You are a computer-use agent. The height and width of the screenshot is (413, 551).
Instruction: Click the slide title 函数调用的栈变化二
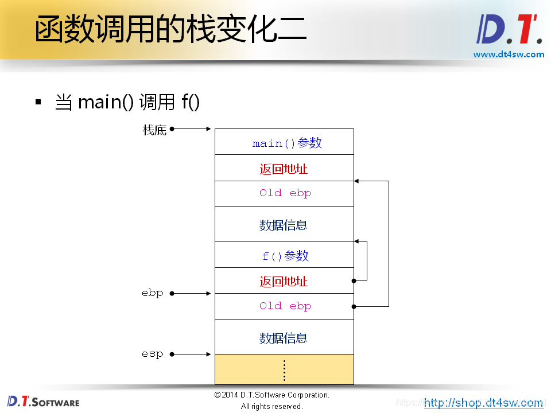(170, 30)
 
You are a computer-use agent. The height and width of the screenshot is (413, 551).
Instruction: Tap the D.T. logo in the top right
(509, 30)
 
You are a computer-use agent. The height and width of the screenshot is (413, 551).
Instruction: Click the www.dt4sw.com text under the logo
(509, 54)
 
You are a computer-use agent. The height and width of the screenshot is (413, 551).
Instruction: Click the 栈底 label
(154, 130)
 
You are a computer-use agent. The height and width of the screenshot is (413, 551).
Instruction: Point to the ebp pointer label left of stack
(153, 293)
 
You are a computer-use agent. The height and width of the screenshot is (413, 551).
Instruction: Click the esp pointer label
(153, 354)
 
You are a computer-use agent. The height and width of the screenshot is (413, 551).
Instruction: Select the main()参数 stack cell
(284, 142)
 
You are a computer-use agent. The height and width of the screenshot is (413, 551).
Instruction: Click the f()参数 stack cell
(284, 255)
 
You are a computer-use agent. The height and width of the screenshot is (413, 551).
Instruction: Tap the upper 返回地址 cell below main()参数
(284, 169)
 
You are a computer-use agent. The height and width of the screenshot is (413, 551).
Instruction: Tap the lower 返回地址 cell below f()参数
(284, 281)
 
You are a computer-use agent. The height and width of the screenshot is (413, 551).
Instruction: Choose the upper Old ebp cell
(284, 193)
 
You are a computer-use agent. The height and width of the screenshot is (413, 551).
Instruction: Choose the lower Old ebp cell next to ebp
(284, 306)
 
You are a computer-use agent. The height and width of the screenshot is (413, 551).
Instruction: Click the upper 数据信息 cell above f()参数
(284, 224)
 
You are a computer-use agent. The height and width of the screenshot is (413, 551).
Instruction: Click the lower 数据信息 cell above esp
(284, 337)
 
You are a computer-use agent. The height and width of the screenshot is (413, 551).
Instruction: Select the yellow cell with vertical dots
(284, 369)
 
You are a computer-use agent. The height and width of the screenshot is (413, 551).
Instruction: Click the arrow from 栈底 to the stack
(192, 129)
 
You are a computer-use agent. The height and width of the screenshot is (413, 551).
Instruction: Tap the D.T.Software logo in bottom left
(43, 402)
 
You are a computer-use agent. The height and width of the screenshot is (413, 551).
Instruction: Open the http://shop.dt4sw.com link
(483, 403)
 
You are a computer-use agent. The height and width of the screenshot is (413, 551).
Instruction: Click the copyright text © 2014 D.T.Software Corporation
(272, 395)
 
